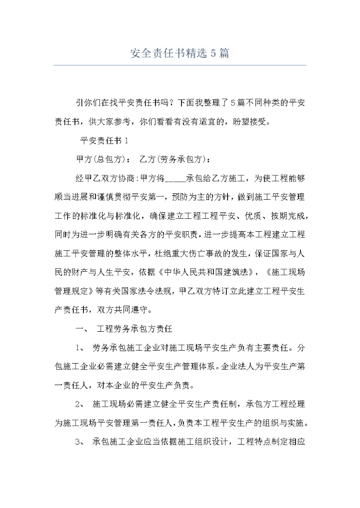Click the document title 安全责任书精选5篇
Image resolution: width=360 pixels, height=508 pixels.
click(180, 53)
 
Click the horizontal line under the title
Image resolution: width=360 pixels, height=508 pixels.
click(180, 65)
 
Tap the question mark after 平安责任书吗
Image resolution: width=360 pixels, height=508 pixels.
click(171, 103)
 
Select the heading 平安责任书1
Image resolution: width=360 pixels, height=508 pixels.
click(104, 141)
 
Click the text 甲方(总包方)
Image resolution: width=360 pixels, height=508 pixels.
click(100, 159)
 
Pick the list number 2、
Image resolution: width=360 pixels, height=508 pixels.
click(81, 404)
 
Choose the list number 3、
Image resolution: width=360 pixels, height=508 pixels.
click(81, 442)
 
